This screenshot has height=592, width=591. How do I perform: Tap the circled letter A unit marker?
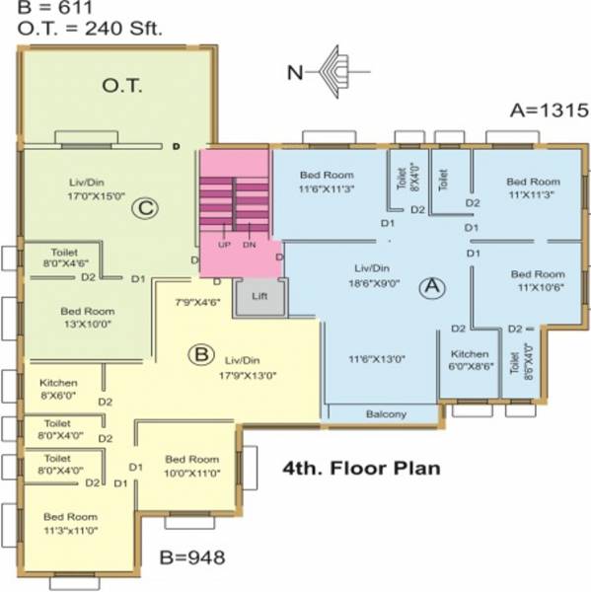[429, 287]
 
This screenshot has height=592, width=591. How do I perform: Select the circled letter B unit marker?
[200, 353]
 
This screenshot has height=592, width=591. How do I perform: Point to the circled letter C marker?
[146, 207]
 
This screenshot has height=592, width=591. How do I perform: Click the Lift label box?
[259, 295]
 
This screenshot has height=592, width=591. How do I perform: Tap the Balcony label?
[386, 414]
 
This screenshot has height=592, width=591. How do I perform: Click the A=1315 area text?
[549, 110]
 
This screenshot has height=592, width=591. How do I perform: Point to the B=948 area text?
[192, 558]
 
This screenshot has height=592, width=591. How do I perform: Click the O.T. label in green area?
[123, 87]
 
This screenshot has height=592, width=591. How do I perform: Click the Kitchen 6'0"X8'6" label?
[470, 360]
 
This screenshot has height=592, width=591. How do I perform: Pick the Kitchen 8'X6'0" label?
[58, 389]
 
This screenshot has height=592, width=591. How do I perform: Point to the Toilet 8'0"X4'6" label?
[63, 258]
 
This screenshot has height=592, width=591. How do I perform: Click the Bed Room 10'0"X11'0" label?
[191, 466]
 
